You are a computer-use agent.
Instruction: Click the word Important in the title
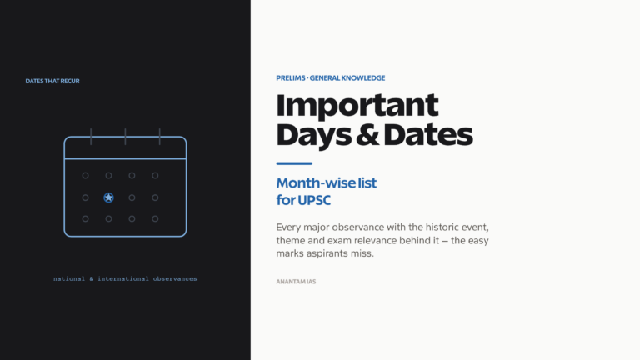(357, 107)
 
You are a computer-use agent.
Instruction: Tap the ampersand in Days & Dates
(367, 135)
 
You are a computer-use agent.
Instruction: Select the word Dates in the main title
(428, 135)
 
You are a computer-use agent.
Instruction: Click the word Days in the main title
(313, 137)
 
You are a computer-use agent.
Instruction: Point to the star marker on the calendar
(108, 197)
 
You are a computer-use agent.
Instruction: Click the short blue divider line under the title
(294, 163)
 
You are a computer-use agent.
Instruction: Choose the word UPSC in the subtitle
(314, 200)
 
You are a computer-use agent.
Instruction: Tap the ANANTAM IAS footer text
(296, 282)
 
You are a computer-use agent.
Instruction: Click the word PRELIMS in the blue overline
(291, 78)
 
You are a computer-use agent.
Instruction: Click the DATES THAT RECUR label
(52, 81)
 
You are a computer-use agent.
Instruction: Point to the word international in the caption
(122, 279)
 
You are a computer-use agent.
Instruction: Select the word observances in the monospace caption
(175, 279)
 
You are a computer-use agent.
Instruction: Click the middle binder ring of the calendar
(125, 137)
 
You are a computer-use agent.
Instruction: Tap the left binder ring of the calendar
(91, 137)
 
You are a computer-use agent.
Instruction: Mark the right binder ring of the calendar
(160, 137)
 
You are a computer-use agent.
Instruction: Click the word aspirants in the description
(327, 253)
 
